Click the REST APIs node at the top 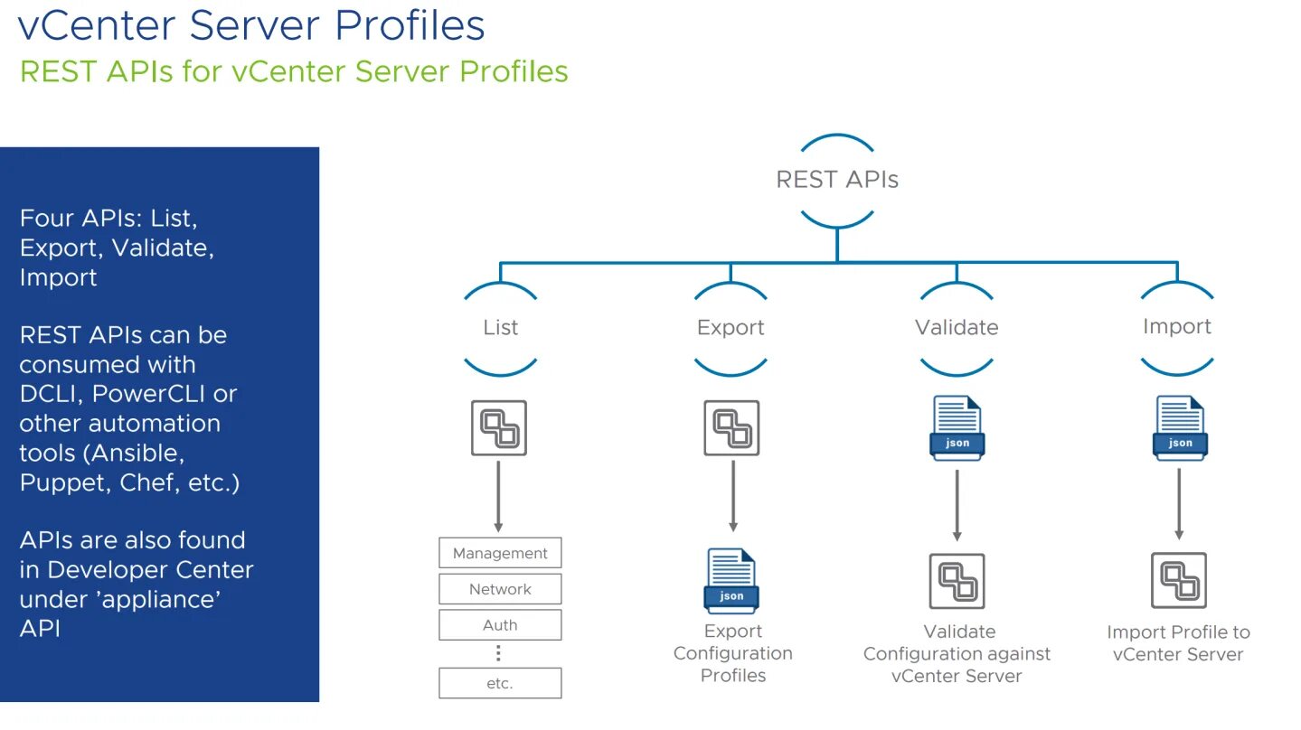[837, 180]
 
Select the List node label [500, 327]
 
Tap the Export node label [731, 327]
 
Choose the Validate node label [957, 327]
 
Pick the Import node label [1176, 326]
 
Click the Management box [500, 553]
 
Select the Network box [500, 589]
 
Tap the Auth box [500, 625]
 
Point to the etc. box [500, 683]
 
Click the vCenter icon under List [499, 427]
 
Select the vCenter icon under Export [731, 427]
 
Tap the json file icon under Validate [957, 427]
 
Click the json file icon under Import [1179, 427]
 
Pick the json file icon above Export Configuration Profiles [731, 581]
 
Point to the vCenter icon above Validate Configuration [957, 581]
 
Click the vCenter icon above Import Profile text [1179, 580]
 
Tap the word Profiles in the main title [410, 24]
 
